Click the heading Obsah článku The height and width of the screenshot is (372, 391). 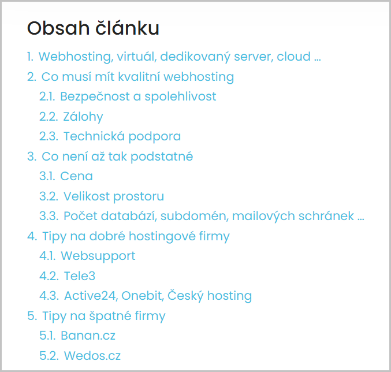(x=93, y=28)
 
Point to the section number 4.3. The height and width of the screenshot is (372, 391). (x=49, y=296)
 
